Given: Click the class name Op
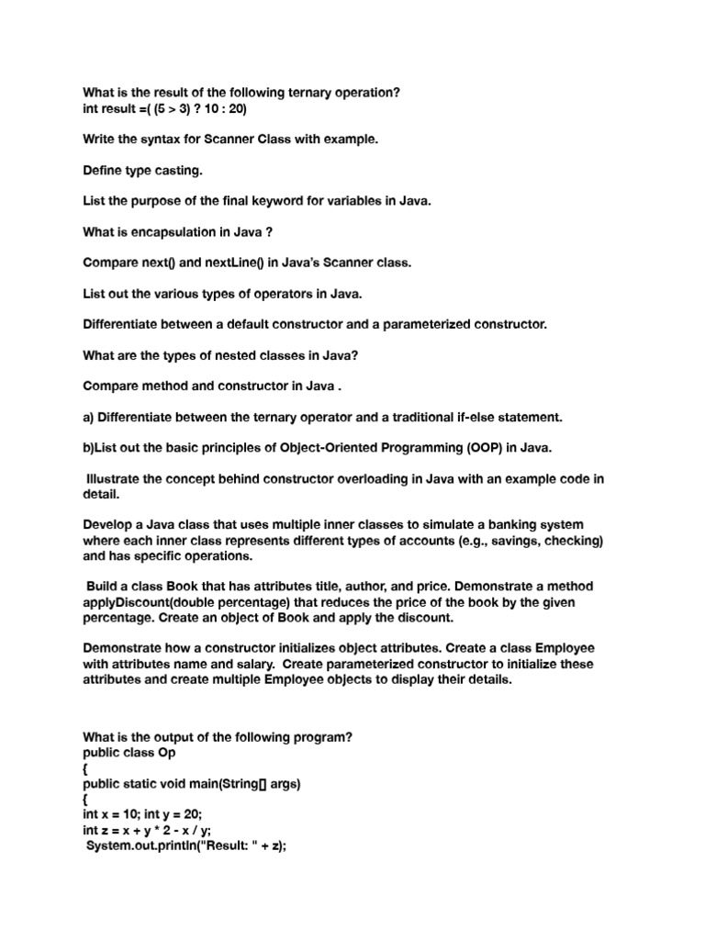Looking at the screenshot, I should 165,752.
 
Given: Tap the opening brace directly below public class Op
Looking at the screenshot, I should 85,767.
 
